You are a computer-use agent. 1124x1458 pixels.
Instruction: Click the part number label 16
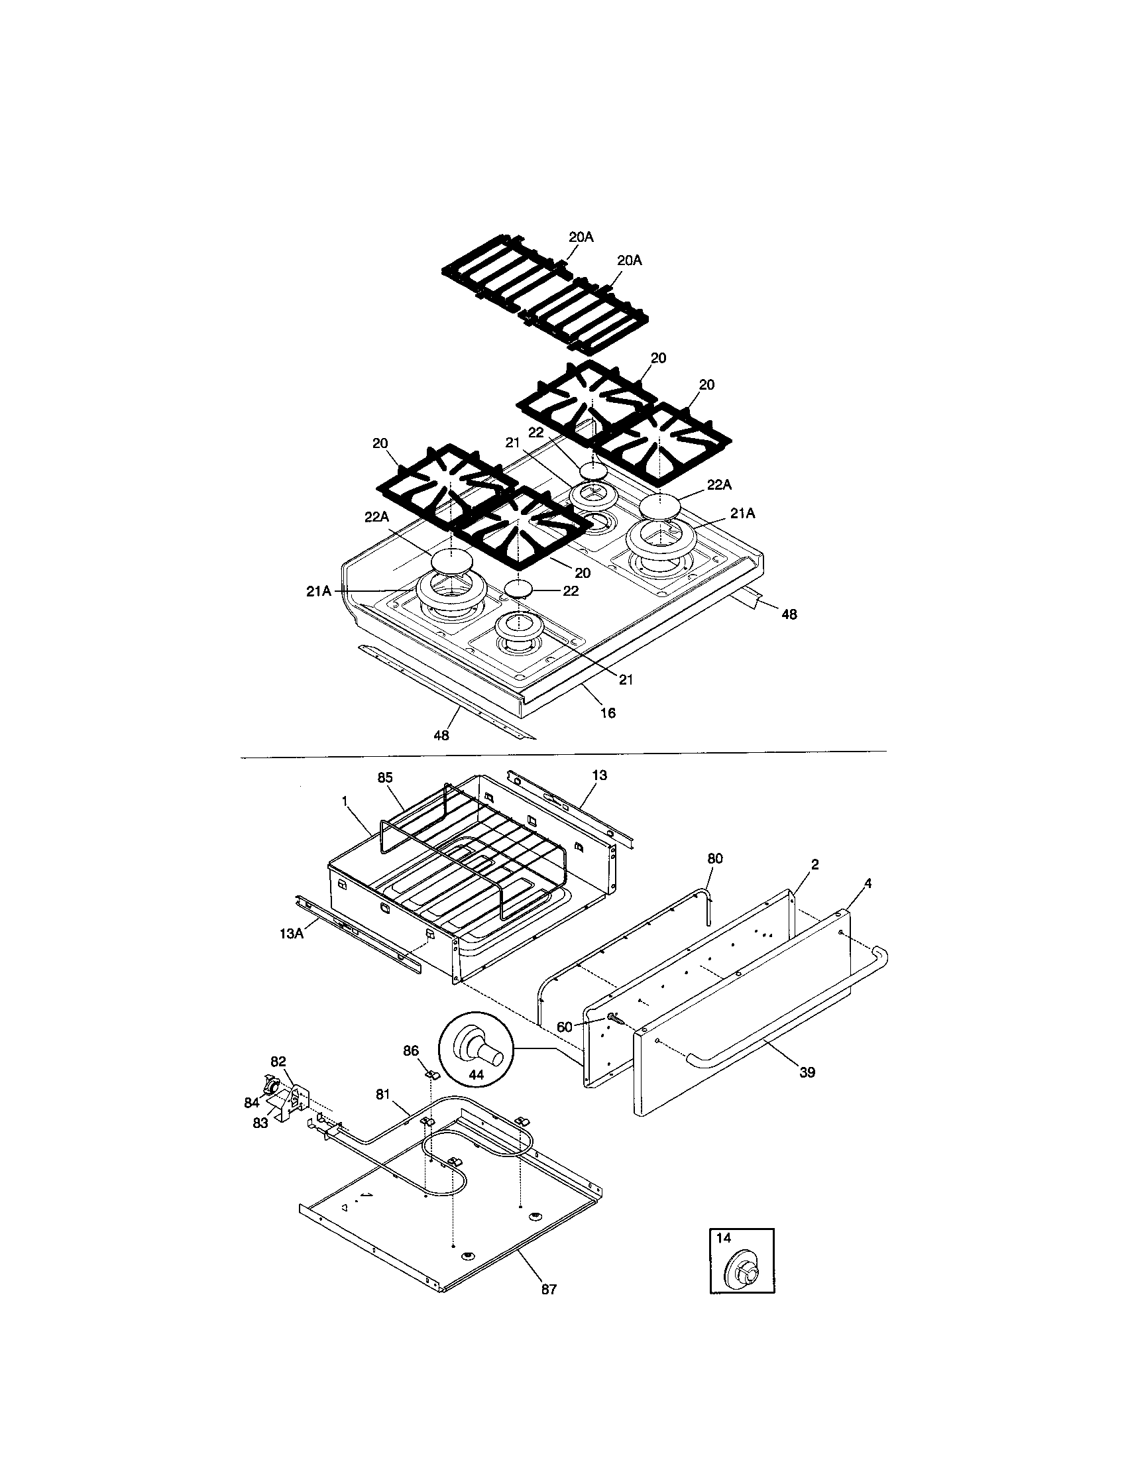[607, 713]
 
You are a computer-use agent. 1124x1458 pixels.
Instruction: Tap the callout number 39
[807, 1072]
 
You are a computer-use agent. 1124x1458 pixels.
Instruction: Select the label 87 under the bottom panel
[548, 1289]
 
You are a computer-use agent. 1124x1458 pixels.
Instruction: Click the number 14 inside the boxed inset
[724, 1238]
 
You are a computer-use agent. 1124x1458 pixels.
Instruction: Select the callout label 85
[385, 777]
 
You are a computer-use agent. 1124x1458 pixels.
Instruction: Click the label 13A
[292, 933]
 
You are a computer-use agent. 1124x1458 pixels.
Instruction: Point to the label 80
[715, 858]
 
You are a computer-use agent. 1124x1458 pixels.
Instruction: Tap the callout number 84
[252, 1103]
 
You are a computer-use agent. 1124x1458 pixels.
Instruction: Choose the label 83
[260, 1123]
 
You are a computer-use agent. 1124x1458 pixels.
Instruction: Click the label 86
[410, 1050]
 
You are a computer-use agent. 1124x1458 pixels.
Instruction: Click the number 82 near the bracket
[278, 1062]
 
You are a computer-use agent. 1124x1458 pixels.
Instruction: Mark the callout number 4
[868, 883]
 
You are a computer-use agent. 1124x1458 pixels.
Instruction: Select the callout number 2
[815, 864]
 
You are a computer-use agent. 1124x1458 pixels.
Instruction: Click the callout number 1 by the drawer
[345, 801]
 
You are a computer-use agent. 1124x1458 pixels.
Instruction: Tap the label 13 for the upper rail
[599, 775]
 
